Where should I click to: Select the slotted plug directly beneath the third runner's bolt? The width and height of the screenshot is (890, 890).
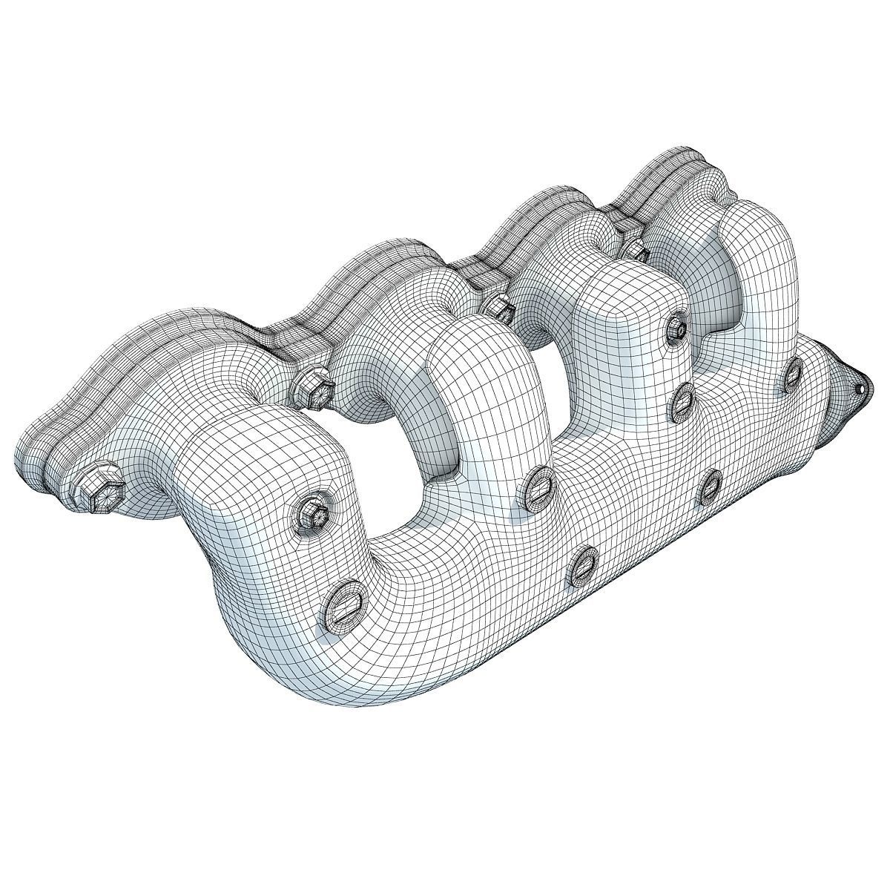[681, 401]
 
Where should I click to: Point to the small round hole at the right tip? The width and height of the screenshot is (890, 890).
[860, 388]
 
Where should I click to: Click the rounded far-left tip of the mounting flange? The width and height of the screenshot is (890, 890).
[30, 460]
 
